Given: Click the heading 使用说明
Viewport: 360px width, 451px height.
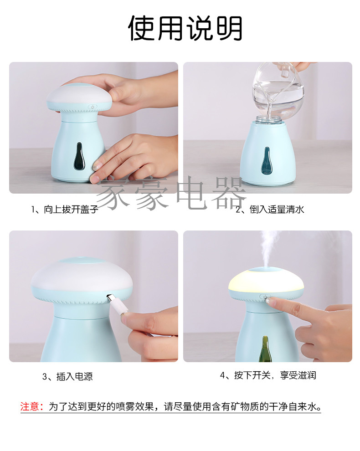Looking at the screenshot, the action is coord(185,28).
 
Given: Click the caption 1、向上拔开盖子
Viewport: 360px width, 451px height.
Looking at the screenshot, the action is coord(64,209).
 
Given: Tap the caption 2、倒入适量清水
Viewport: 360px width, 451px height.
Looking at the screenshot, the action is coord(270,209).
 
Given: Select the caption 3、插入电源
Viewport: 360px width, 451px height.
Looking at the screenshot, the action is coord(67,376).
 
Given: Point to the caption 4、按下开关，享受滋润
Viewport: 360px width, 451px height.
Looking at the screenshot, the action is coord(268,375).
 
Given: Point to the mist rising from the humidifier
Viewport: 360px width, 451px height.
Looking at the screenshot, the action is coord(270,247).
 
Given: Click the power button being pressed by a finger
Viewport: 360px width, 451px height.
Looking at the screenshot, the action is coord(265,297).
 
